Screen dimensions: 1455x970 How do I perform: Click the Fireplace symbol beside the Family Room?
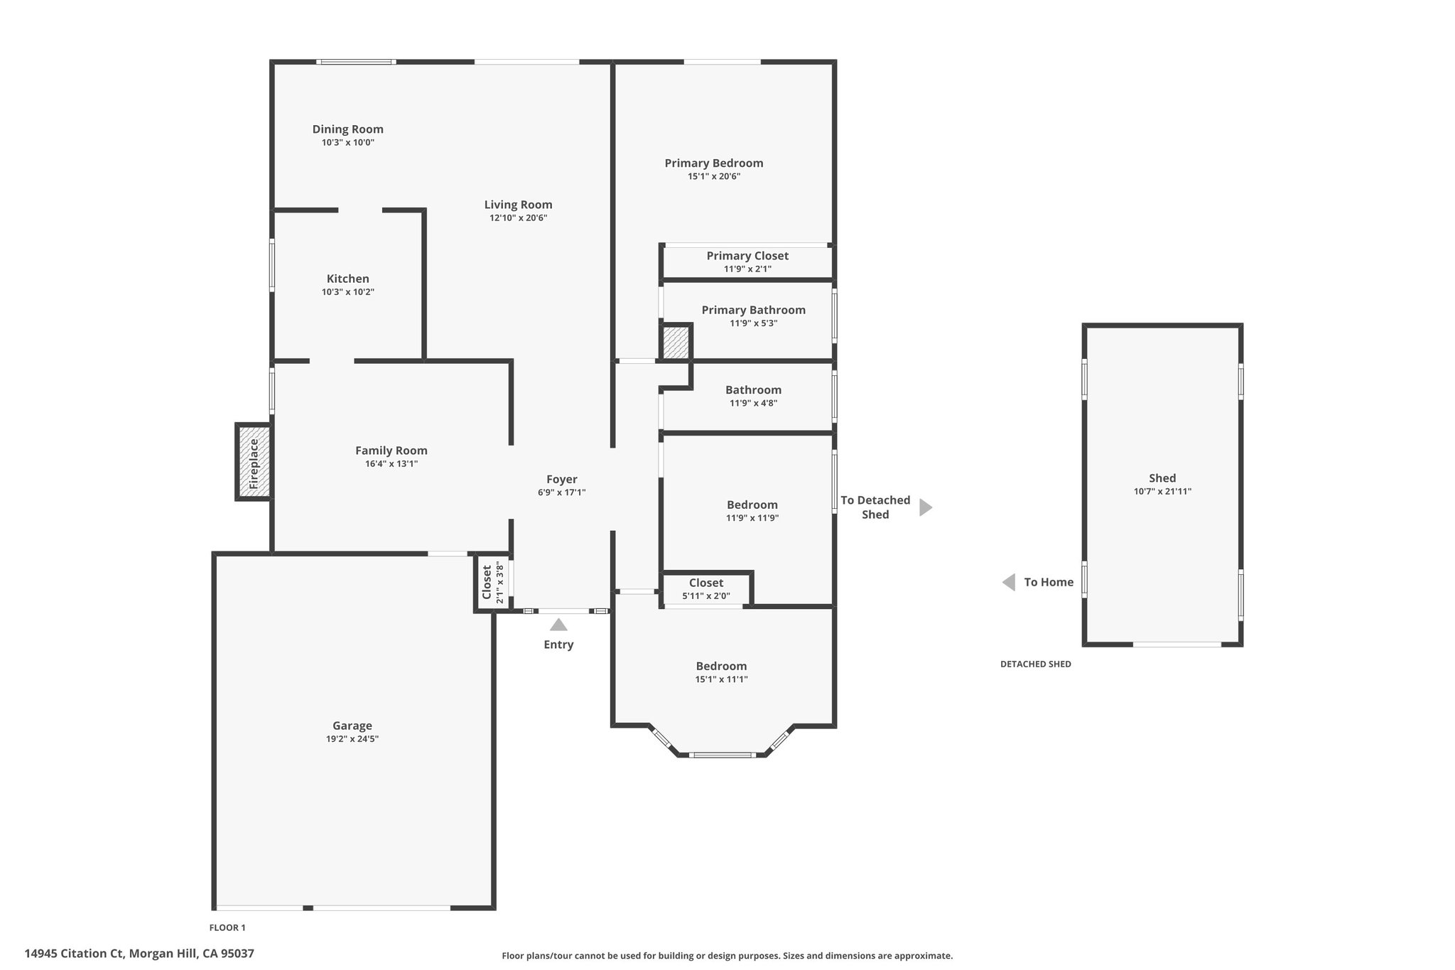pyautogui.click(x=254, y=462)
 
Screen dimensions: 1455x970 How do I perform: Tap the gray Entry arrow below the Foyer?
pyautogui.click(x=558, y=625)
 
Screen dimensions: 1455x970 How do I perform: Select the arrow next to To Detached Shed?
pyautogui.click(x=926, y=507)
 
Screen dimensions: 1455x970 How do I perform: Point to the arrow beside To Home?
pyautogui.click(x=1009, y=583)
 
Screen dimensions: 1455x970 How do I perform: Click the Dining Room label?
pyautogui.click(x=348, y=129)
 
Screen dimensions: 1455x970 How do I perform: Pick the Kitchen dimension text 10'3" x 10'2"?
pyautogui.click(x=348, y=292)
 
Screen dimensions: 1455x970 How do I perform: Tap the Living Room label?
pyautogui.click(x=519, y=205)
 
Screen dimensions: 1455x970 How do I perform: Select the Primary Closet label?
pyautogui.click(x=747, y=256)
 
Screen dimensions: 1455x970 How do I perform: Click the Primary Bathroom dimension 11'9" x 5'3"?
pyautogui.click(x=754, y=323)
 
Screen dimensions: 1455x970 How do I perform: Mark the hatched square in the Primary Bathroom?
pyautogui.click(x=676, y=342)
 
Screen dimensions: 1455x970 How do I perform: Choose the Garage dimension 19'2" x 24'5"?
pyautogui.click(x=352, y=739)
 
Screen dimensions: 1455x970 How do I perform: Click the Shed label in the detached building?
pyautogui.click(x=1162, y=478)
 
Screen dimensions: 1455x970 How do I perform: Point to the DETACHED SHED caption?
pyautogui.click(x=1036, y=664)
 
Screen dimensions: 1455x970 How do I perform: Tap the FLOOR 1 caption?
pyautogui.click(x=227, y=927)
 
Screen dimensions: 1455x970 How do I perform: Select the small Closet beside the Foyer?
pyautogui.click(x=492, y=582)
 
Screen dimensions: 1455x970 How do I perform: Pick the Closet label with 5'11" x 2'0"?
pyautogui.click(x=706, y=583)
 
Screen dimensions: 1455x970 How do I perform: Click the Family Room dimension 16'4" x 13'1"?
pyautogui.click(x=391, y=464)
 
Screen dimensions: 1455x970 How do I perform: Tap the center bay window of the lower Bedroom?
pyautogui.click(x=723, y=755)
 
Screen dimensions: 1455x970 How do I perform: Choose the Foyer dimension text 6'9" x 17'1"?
pyautogui.click(x=561, y=492)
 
